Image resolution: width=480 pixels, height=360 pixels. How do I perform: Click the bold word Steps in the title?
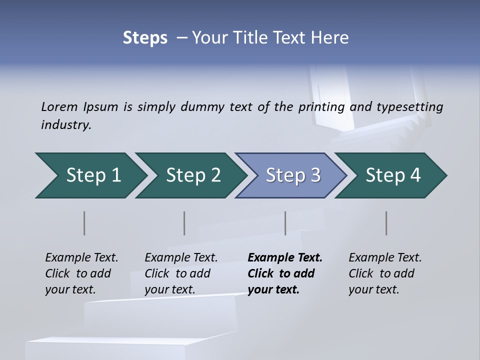(x=145, y=38)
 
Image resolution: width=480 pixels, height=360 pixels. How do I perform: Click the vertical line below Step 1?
(x=84, y=223)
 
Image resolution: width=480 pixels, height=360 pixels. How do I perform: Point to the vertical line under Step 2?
(x=184, y=223)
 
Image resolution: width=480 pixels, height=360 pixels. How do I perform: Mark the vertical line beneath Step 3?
(x=285, y=223)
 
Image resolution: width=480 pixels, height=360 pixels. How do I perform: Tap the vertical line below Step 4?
(x=386, y=223)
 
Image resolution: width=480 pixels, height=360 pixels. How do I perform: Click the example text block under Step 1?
(x=81, y=273)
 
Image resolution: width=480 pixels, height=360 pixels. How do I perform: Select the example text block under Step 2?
(x=181, y=273)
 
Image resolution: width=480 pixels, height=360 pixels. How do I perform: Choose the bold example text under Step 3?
(x=285, y=273)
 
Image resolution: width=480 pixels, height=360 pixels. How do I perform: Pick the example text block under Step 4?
(x=385, y=273)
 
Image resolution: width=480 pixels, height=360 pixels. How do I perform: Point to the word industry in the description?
(x=66, y=125)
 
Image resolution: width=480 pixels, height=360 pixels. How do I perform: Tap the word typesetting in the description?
(x=410, y=106)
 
